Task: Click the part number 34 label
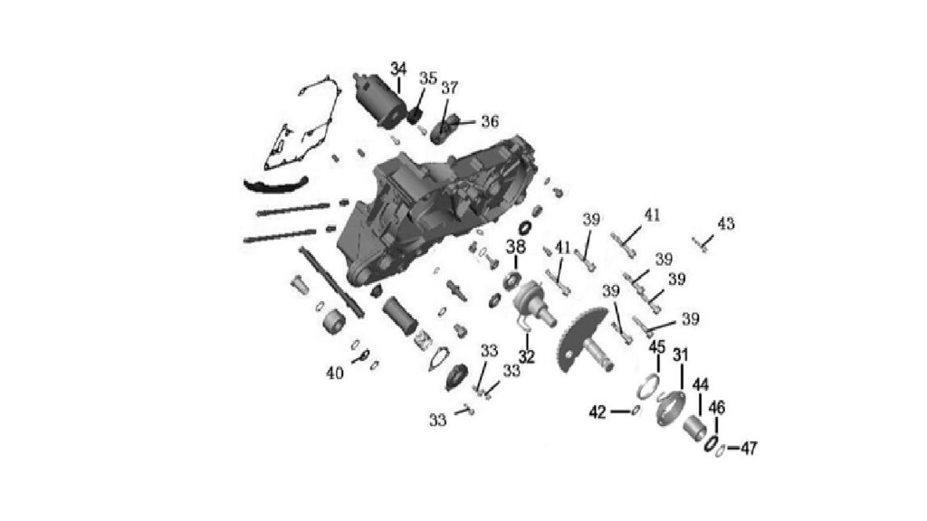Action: (398, 69)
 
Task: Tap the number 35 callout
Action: (428, 79)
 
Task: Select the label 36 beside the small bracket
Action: (490, 122)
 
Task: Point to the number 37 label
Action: (449, 88)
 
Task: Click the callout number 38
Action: (515, 247)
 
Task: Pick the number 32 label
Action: (527, 356)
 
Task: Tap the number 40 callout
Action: (335, 374)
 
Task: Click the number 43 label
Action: (726, 224)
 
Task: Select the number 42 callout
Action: (597, 412)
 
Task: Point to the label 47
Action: (749, 449)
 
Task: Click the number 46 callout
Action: (717, 408)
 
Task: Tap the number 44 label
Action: (700, 385)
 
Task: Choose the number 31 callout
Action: (681, 355)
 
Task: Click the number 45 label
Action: (657, 347)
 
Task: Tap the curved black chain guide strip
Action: (275, 185)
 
